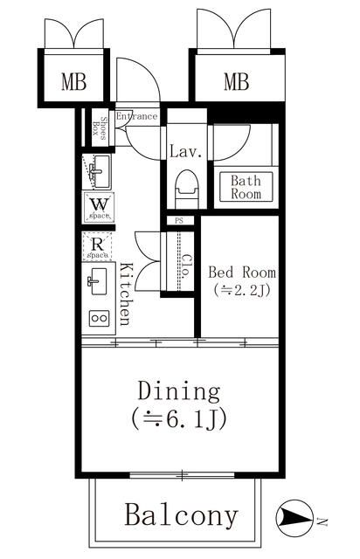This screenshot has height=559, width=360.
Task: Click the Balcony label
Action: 181,514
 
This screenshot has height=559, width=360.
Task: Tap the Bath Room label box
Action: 246,188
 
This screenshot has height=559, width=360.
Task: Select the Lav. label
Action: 185,152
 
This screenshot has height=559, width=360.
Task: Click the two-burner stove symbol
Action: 98,319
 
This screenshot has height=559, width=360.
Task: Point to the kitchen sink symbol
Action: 97,281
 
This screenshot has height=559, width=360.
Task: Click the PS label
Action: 180,221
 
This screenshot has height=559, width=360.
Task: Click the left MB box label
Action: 73,83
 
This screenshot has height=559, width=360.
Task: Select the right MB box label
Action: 236,83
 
